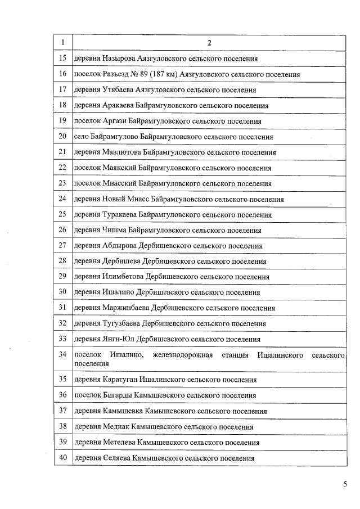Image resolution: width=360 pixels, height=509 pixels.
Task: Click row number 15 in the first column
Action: pyautogui.click(x=62, y=58)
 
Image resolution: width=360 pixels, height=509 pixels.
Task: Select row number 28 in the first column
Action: pyautogui.click(x=62, y=261)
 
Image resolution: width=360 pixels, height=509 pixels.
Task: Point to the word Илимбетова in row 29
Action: pyautogui.click(x=123, y=277)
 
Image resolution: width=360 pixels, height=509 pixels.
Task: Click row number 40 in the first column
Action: pyautogui.click(x=62, y=458)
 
